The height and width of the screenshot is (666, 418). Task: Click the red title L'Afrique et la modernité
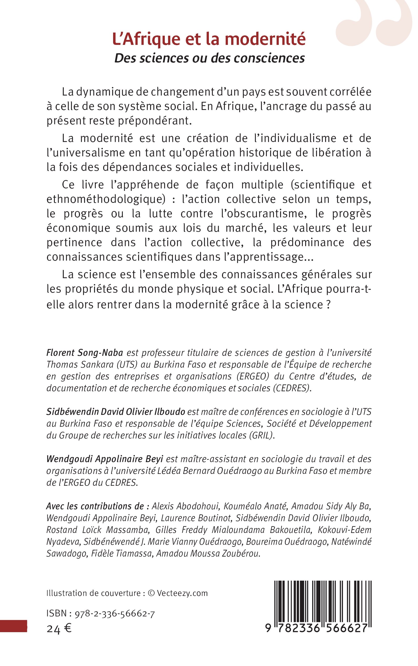point(209,40)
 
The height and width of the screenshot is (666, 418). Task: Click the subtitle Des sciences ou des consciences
point(210,58)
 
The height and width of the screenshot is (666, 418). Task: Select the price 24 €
point(59,629)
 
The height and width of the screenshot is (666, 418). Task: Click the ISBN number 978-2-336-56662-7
point(115,614)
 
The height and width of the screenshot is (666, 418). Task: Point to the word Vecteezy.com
point(182,593)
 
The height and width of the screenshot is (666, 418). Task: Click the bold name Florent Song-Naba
point(84,353)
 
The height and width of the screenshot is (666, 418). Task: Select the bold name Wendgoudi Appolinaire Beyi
point(105,459)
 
